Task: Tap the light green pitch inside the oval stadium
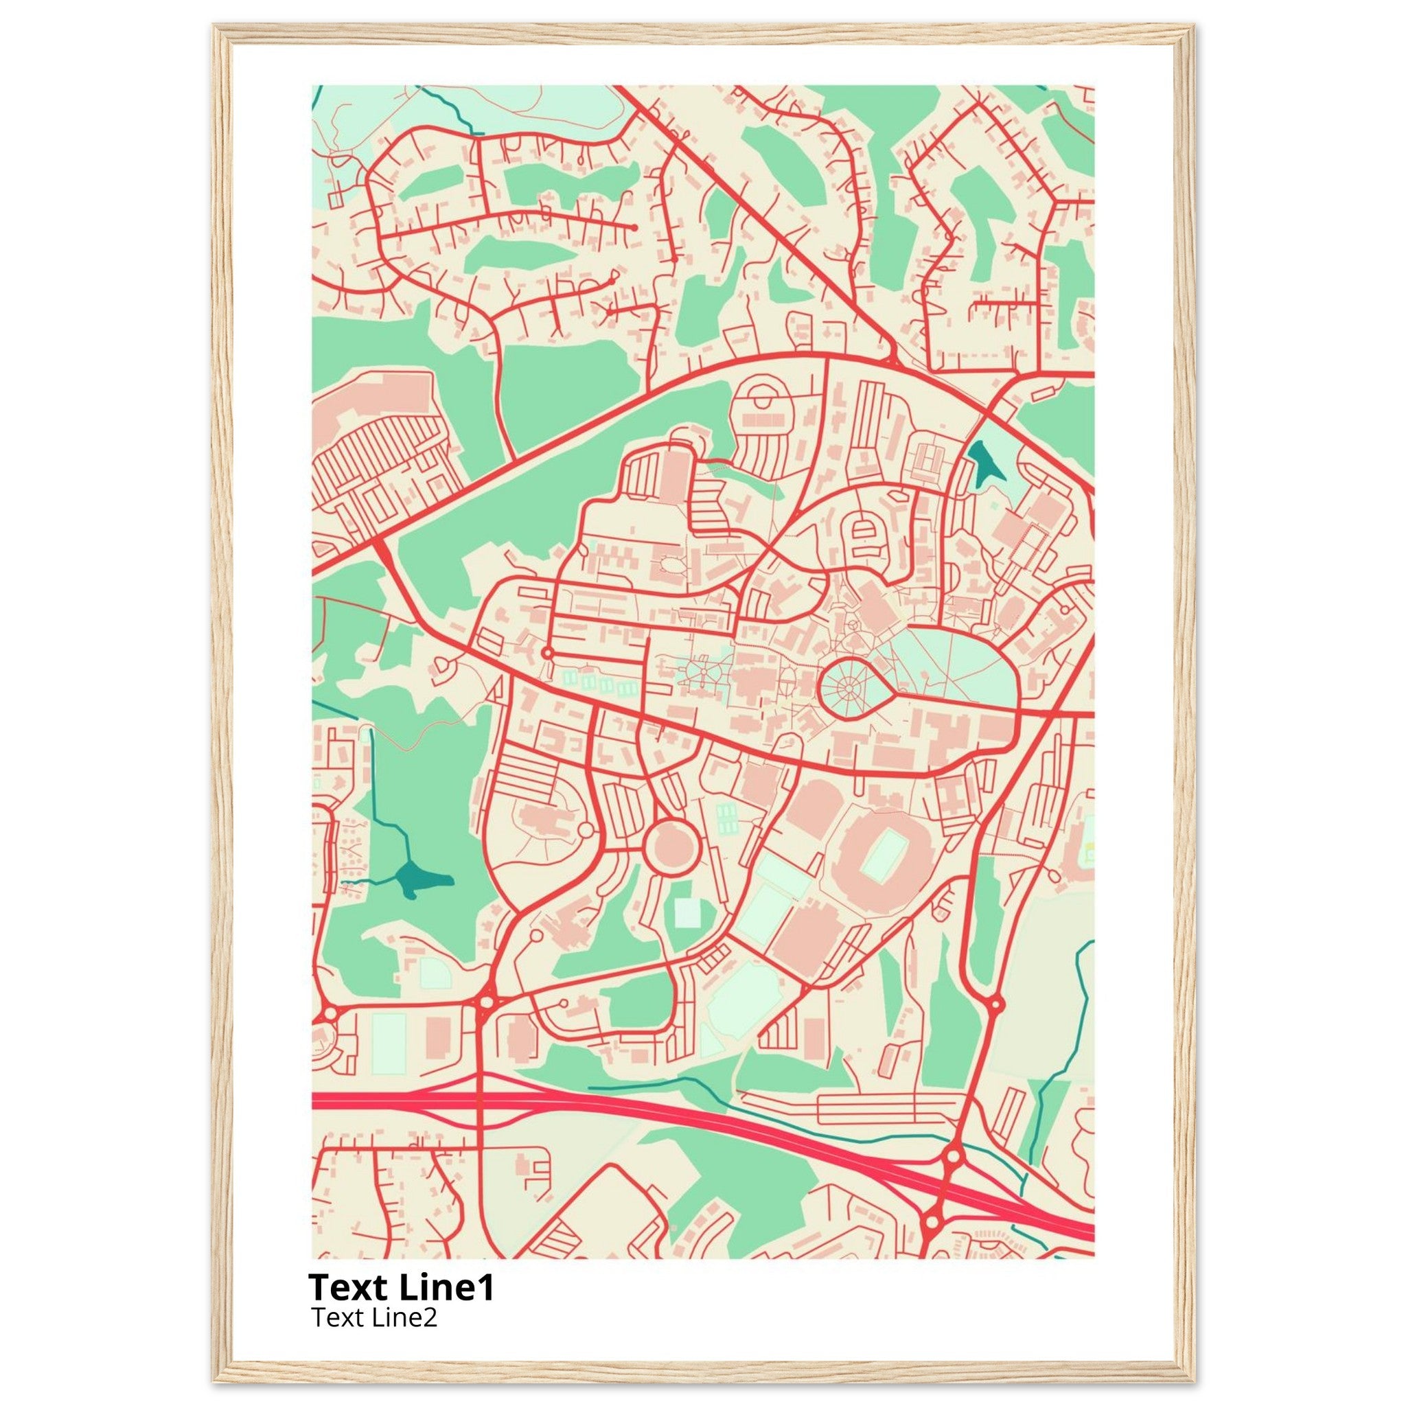click(x=883, y=853)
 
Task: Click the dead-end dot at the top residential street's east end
click(x=634, y=228)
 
